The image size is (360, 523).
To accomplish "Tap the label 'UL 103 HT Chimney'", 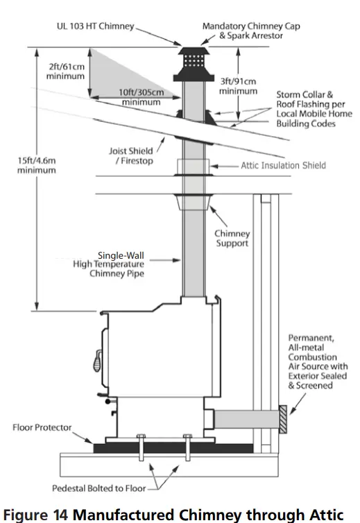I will click(x=94, y=26).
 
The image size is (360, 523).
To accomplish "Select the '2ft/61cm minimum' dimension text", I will click(x=66, y=71).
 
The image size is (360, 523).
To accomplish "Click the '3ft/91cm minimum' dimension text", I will click(x=238, y=86).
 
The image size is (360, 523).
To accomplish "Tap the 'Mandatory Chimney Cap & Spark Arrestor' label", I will click(x=243, y=31).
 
